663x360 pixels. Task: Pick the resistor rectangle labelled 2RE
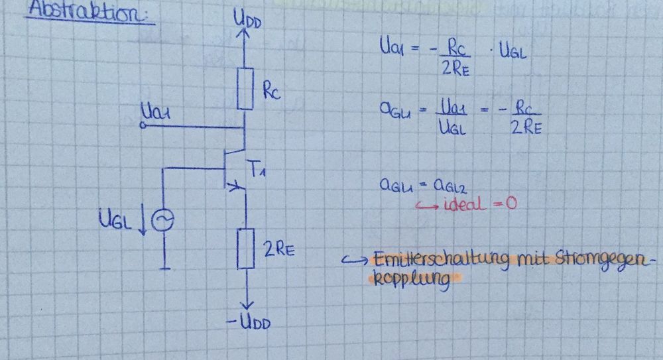point(245,247)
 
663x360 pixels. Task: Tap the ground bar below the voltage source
point(163,269)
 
